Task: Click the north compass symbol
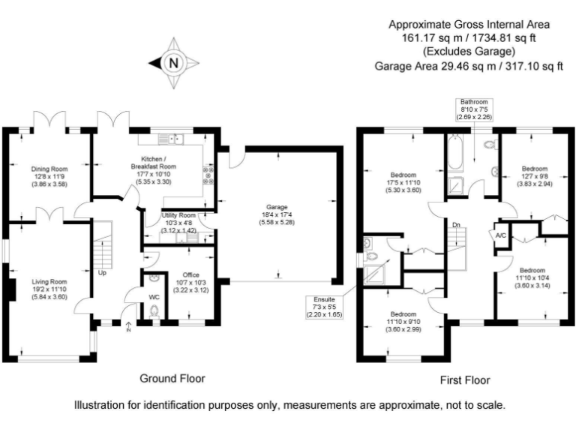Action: point(173,63)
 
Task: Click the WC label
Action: point(154,297)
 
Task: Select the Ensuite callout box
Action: point(322,307)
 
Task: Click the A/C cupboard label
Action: point(500,235)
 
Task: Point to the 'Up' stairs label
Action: point(102,273)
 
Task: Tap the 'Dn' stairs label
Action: point(455,224)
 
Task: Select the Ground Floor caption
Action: point(172,378)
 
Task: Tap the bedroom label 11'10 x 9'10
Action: point(403,321)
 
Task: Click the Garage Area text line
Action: point(469,66)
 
